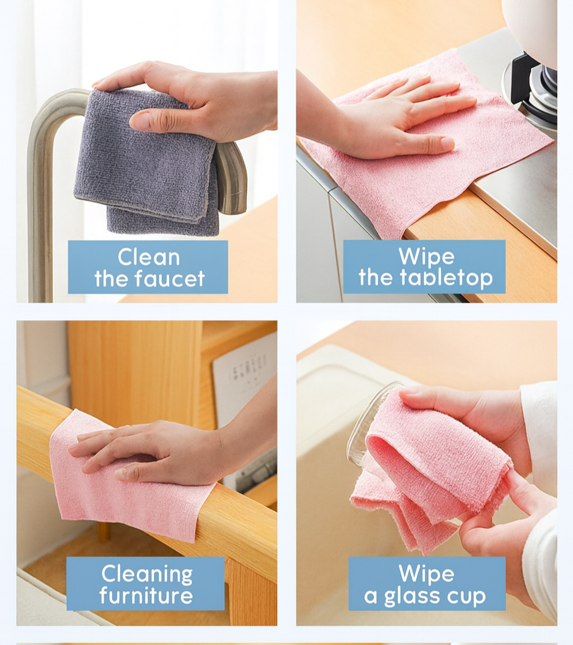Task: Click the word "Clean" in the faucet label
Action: coord(148,257)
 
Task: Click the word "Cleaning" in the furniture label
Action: coord(147,575)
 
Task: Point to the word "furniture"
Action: coord(146,595)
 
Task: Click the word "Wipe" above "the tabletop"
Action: coord(426,256)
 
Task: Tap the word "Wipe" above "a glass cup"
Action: coord(426,573)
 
